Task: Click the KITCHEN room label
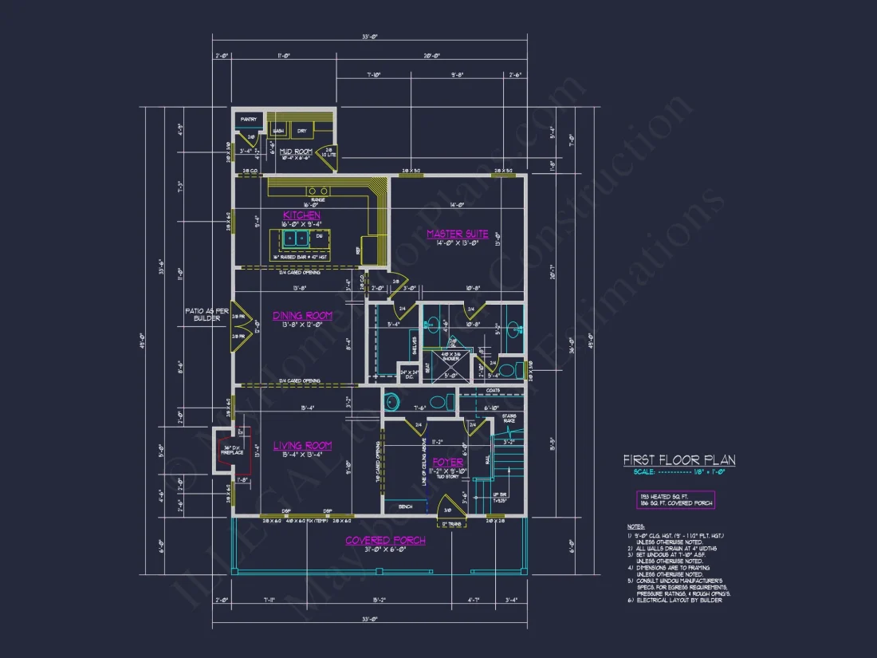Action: click(x=302, y=215)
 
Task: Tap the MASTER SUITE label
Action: click(x=457, y=234)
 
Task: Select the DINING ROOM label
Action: click(x=302, y=316)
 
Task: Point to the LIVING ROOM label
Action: click(x=302, y=446)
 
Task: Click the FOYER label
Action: click(x=447, y=463)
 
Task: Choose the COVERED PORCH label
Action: click(x=385, y=540)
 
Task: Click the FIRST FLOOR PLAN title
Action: click(x=678, y=460)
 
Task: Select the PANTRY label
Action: click(x=249, y=120)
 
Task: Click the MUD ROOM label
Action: click(x=295, y=151)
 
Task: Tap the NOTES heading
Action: click(x=635, y=527)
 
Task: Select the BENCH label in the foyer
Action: click(x=405, y=507)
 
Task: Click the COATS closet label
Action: click(x=492, y=391)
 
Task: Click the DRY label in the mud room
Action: click(x=302, y=130)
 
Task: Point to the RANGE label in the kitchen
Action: click(x=317, y=200)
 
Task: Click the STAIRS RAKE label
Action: click(x=509, y=418)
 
